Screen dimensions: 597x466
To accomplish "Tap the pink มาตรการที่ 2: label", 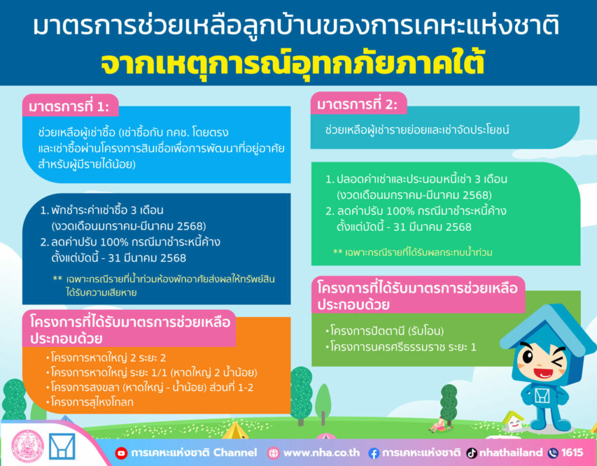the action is [359, 103].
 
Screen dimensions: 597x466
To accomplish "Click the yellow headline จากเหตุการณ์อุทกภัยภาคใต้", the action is [293, 63].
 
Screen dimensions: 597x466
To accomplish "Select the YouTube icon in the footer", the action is [121, 453].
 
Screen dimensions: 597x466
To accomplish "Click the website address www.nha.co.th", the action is [321, 453].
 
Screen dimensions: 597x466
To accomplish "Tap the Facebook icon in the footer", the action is [374, 453].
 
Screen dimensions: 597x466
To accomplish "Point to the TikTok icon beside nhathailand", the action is [472, 453].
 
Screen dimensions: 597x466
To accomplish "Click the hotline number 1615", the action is [572, 452].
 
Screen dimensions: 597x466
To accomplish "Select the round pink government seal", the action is [28, 446].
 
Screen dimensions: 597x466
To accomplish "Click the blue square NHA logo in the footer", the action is [62, 446].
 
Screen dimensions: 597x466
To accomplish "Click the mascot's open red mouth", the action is [543, 373].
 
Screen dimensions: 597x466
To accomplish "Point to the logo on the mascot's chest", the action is [542, 396].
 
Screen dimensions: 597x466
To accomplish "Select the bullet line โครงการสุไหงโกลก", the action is [90, 402].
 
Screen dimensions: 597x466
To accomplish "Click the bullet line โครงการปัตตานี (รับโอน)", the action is [385, 331].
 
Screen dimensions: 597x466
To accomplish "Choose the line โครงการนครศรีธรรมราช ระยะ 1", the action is [401, 347].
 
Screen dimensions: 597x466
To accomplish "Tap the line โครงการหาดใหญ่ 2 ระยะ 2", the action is [106, 358].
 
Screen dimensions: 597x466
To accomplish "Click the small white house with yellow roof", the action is [513, 421].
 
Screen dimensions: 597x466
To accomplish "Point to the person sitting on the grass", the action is [438, 425].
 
